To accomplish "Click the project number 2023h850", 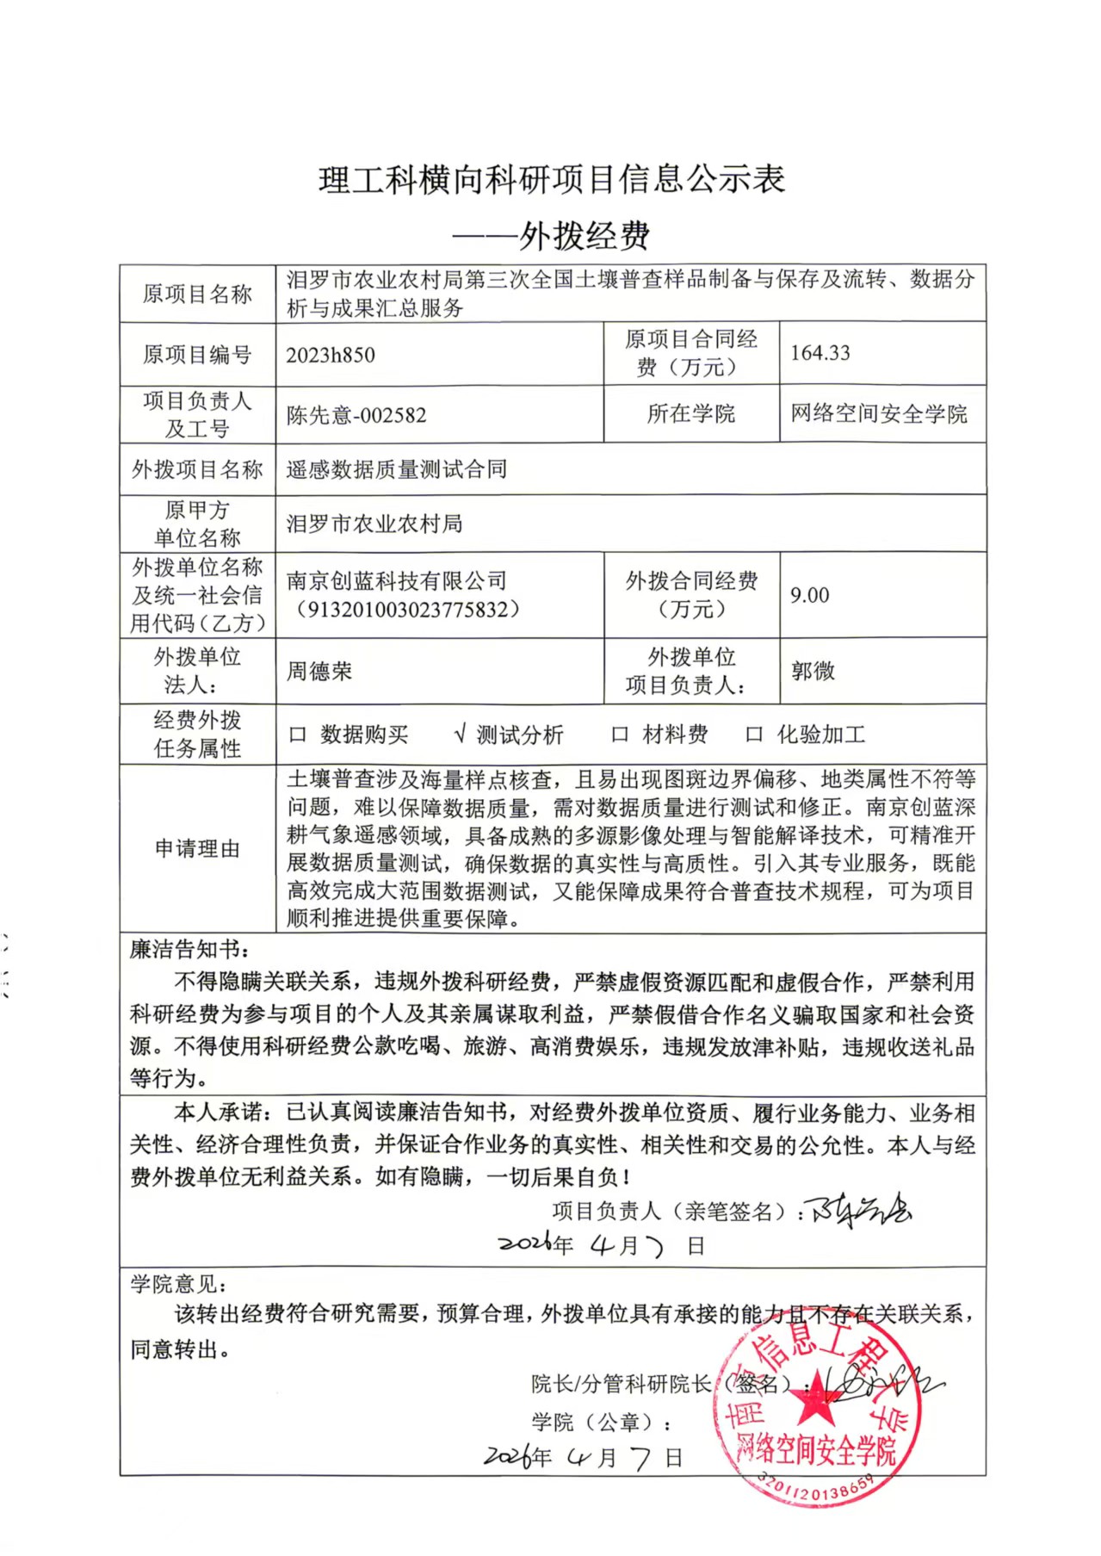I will pyautogui.click(x=331, y=356).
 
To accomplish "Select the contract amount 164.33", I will pyautogui.click(x=820, y=353).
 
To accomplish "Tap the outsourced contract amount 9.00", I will pyautogui.click(x=809, y=595).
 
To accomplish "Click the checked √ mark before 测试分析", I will pyautogui.click(x=460, y=735).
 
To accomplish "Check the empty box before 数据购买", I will pyautogui.click(x=298, y=735).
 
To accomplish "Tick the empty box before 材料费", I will pyautogui.click(x=619, y=735).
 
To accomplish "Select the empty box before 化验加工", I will pyautogui.click(x=754, y=735).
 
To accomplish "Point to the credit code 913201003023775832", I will pyautogui.click(x=408, y=610).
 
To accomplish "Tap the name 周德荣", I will pyautogui.click(x=319, y=672).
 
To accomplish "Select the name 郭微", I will pyautogui.click(x=813, y=672).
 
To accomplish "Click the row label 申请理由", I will pyautogui.click(x=197, y=849).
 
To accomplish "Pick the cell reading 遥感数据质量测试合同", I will pyautogui.click(x=396, y=469).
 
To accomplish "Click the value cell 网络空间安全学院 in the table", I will pyautogui.click(x=879, y=414).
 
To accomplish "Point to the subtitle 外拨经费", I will pyautogui.click(x=584, y=236).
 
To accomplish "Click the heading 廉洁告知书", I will pyautogui.click(x=188, y=950).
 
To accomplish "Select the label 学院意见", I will pyautogui.click(x=176, y=1285).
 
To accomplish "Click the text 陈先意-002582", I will pyautogui.click(x=356, y=415).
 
